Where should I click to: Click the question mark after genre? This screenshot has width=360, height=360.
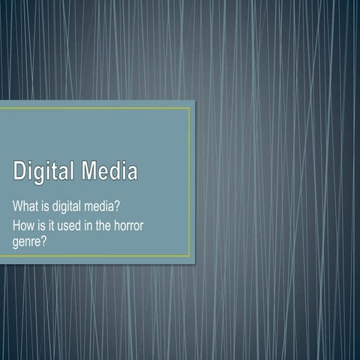tap(49, 242)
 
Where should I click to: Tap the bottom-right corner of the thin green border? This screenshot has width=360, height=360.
tap(190, 256)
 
